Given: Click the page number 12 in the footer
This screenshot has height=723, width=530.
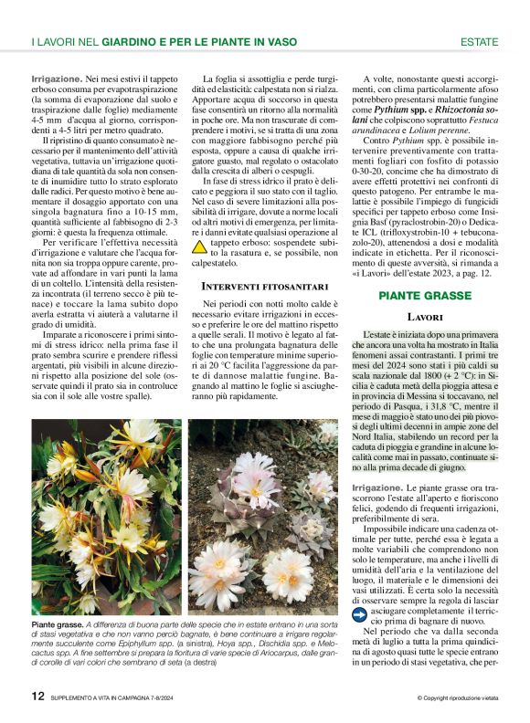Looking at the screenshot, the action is (37, 696).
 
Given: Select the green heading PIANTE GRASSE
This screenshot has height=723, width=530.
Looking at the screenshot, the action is (425, 296).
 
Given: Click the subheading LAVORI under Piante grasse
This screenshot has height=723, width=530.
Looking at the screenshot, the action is (425, 317).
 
